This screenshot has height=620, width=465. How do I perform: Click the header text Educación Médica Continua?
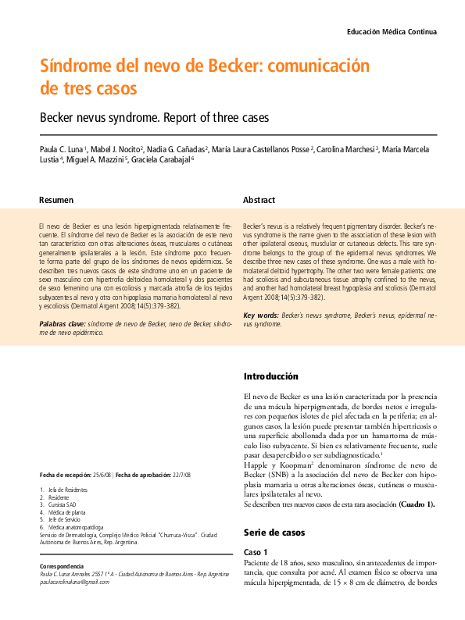(x=391, y=32)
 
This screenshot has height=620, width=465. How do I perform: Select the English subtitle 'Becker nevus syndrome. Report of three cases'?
(x=154, y=118)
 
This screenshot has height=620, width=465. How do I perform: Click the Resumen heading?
(x=56, y=201)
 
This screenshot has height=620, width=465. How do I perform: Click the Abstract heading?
(x=259, y=201)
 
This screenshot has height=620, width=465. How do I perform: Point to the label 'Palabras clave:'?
(x=63, y=322)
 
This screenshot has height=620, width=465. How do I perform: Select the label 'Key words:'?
(x=261, y=315)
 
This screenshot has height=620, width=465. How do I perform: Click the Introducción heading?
(x=270, y=376)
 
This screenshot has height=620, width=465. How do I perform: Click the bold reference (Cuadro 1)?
(x=416, y=504)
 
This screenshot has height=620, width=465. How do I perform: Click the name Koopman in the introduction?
(x=294, y=464)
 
